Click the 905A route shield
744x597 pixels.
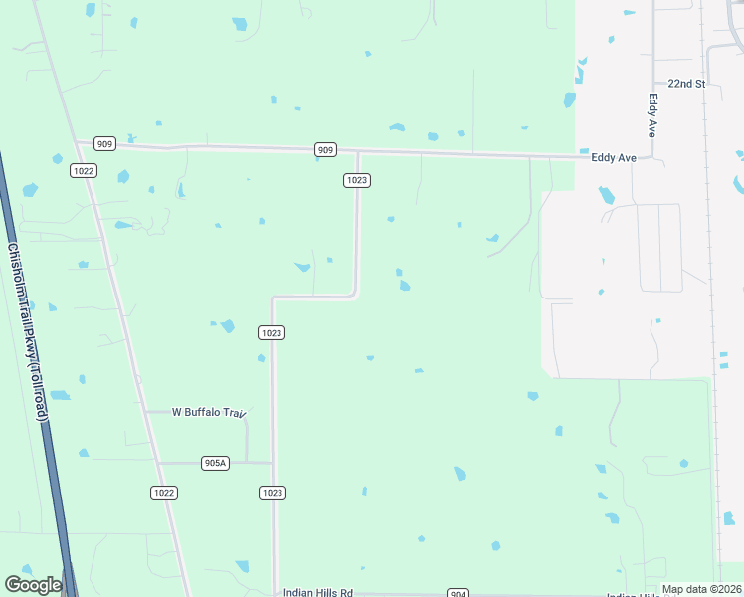pyautogui.click(x=215, y=463)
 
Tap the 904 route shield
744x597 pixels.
pyautogui.click(x=457, y=594)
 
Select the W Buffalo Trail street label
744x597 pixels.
pyautogui.click(x=208, y=412)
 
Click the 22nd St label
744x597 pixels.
pyautogui.click(x=686, y=84)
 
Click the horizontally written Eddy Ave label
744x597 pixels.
pyautogui.click(x=613, y=158)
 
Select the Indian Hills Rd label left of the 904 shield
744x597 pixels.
pyautogui.click(x=318, y=593)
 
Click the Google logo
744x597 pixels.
pyautogui.click(x=33, y=586)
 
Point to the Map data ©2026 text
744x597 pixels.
pyautogui.click(x=701, y=589)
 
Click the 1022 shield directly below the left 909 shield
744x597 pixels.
pyautogui.click(x=84, y=171)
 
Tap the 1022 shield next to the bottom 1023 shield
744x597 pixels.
pyautogui.click(x=165, y=493)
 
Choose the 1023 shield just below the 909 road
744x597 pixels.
pyautogui.click(x=358, y=180)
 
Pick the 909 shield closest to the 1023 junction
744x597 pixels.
pyautogui.click(x=325, y=149)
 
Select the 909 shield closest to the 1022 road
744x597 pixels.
pyautogui.click(x=105, y=144)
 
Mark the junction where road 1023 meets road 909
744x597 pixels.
pyautogui.click(x=358, y=152)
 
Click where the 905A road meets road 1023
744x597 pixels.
pyautogui.click(x=273, y=463)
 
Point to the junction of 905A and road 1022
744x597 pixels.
pyautogui.click(x=155, y=463)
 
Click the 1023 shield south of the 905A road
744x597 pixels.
pyautogui.click(x=273, y=493)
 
